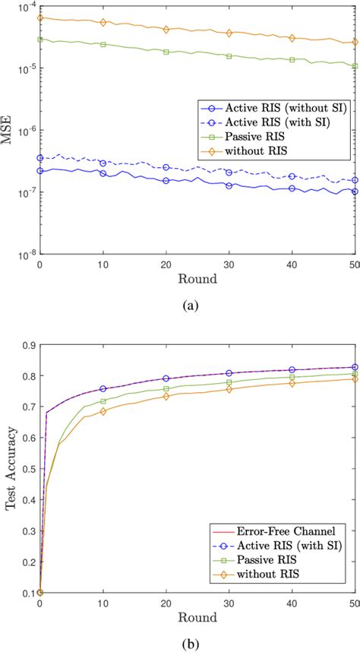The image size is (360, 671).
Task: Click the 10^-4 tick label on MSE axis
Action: click(x=25, y=8)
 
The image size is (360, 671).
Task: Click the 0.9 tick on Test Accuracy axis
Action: click(x=28, y=345)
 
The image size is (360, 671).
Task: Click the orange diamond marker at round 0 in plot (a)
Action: click(x=39, y=17)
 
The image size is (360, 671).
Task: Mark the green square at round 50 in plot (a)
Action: click(x=355, y=66)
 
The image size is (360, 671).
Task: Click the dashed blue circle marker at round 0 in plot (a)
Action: click(x=39, y=158)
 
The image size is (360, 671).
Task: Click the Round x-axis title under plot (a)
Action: click(x=197, y=279)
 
